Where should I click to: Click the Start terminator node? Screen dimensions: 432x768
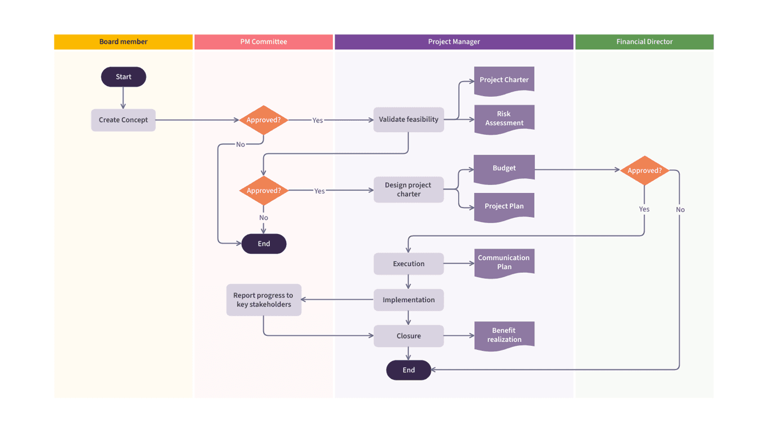coord(123,77)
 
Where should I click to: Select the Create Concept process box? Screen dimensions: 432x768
coord(123,120)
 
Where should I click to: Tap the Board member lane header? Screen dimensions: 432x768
coord(123,42)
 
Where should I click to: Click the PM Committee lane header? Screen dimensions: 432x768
coord(263,42)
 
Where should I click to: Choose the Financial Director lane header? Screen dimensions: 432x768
coord(644,42)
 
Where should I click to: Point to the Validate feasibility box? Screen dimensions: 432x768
coord(408,119)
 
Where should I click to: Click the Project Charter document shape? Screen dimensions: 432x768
coord(504,79)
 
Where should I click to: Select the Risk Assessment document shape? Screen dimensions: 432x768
coord(504,118)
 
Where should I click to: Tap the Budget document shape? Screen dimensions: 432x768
coord(504,168)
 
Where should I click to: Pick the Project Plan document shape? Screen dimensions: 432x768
coord(504,206)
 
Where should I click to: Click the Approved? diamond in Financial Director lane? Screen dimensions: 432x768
coord(644,170)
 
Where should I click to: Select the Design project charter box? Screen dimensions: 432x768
coord(408,190)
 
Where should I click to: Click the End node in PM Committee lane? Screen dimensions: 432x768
coord(264,244)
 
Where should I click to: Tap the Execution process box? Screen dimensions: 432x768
coord(408,264)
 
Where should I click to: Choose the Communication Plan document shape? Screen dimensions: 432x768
coord(504,262)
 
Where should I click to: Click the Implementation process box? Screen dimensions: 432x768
coord(408,300)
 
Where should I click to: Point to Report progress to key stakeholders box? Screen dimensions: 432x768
coord(263,300)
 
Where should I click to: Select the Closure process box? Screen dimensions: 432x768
coord(408,336)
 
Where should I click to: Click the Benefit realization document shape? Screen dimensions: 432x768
coord(504,335)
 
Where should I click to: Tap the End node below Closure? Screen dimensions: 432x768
coord(408,370)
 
